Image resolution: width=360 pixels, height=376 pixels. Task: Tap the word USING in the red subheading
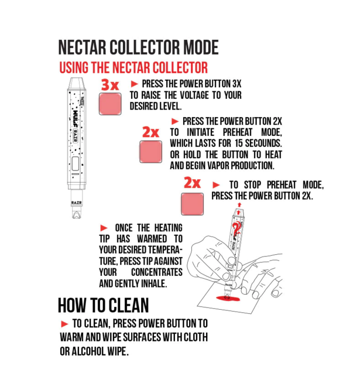coord(75,67)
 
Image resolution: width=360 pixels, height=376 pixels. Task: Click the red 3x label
coord(109,85)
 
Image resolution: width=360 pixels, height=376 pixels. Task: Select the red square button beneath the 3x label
coord(110,104)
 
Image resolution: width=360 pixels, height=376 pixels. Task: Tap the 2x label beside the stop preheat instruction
coord(192,183)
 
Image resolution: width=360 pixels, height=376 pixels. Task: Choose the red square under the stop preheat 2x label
coord(192,204)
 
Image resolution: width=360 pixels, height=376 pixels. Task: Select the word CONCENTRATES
coord(156,273)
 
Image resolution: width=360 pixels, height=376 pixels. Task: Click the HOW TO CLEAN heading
coord(103,305)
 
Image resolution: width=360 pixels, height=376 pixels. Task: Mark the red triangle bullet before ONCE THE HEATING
coord(104,228)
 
